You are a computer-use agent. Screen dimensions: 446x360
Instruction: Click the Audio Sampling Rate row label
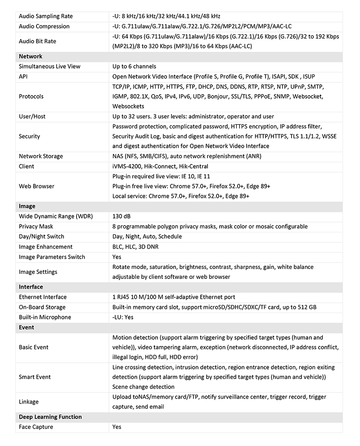point(45,16)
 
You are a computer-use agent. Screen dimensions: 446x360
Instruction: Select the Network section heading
point(31,56)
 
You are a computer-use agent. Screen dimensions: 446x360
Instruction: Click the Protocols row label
point(31,96)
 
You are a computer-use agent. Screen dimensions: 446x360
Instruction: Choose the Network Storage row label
point(40,156)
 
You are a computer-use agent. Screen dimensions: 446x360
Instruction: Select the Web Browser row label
point(36,186)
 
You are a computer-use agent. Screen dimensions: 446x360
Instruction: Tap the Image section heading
point(27,206)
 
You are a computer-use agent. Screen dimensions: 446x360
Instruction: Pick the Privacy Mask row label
point(36,226)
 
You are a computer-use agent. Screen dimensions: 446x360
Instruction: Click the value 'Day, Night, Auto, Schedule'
point(147,237)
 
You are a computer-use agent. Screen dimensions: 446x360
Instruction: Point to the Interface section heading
point(31,287)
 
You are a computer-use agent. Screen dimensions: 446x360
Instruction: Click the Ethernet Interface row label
point(42,297)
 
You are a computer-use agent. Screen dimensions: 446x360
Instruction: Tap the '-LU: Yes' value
point(123,317)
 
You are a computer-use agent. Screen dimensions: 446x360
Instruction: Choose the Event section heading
point(27,328)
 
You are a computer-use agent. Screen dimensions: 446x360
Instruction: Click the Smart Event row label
point(35,377)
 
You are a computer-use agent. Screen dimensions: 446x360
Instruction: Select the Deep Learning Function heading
point(50,417)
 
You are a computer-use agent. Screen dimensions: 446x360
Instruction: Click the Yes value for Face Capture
point(117,427)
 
